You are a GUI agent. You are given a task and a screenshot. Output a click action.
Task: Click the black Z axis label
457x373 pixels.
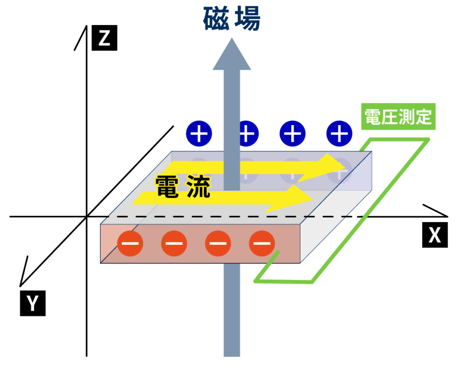tap(104, 39)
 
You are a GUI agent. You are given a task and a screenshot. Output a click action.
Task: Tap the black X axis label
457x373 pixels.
tap(434, 235)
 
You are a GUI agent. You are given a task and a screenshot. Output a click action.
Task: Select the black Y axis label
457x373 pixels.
tap(33, 304)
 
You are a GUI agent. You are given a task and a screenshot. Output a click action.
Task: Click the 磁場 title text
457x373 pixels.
tap(231, 19)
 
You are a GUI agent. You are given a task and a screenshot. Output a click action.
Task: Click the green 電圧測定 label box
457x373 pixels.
tap(398, 117)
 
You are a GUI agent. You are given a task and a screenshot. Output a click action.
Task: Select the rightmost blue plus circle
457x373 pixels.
tap(340, 133)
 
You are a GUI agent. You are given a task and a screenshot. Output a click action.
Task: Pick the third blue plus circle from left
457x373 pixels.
tap(292, 133)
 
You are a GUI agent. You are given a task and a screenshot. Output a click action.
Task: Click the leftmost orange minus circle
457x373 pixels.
tap(130, 243)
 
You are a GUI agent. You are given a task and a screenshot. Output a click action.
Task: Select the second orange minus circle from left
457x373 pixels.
tap(174, 243)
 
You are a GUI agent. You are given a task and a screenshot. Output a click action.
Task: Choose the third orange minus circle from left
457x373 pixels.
tap(218, 243)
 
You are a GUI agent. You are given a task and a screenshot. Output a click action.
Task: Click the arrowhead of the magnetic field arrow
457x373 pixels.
tap(232, 54)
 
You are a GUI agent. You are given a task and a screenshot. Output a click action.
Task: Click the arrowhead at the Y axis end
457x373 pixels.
tap(21, 281)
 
